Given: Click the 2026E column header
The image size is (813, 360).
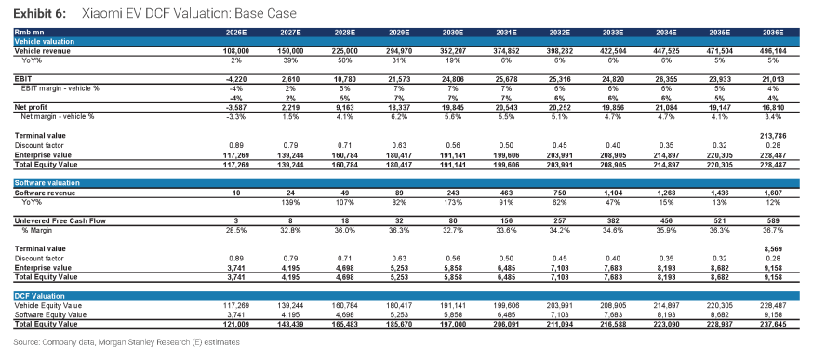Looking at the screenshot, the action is point(236,33).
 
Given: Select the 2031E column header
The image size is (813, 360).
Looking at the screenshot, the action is point(507,33).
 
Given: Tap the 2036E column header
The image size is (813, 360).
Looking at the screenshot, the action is point(773,33).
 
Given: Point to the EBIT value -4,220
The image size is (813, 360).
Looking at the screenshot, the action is point(237,79).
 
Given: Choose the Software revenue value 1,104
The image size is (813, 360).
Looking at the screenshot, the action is point(613,193).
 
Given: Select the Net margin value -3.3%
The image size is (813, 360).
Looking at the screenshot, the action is point(237,117).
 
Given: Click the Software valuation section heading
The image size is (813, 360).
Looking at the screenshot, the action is point(47,183).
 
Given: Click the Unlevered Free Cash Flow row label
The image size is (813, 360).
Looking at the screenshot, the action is point(60,221).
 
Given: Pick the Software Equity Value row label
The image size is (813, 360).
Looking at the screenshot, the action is point(50,314).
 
